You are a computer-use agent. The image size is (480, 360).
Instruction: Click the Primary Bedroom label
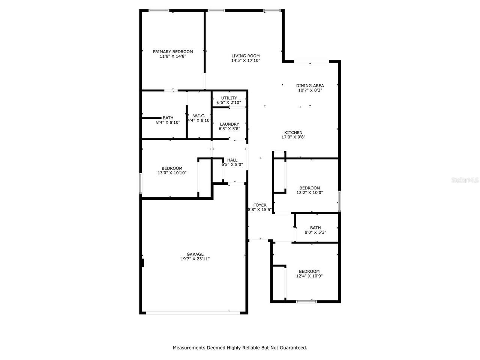click(x=172, y=52)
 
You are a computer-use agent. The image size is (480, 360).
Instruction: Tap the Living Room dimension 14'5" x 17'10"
click(x=246, y=60)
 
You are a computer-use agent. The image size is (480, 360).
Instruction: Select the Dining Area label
click(x=310, y=85)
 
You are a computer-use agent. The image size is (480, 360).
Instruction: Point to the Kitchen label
click(x=293, y=132)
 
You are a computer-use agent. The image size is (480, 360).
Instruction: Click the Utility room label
click(x=229, y=98)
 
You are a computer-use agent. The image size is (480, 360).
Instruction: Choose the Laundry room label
click(x=229, y=124)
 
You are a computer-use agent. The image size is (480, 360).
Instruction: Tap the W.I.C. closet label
click(x=199, y=115)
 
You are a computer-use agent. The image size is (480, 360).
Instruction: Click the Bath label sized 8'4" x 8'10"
click(x=168, y=118)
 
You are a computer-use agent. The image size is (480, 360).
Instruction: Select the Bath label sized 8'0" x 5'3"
click(x=315, y=228)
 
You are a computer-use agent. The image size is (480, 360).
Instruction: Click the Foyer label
click(x=260, y=205)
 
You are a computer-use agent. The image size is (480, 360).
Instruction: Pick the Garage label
click(x=195, y=254)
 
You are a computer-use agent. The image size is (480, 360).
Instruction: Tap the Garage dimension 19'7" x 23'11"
click(x=195, y=259)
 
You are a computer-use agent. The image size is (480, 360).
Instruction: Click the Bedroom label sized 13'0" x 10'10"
click(x=172, y=168)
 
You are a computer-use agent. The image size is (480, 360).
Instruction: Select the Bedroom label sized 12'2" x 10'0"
click(x=309, y=188)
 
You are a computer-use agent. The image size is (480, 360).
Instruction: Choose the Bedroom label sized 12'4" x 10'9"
click(x=309, y=271)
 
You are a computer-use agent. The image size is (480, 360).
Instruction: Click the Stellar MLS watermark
click(x=465, y=180)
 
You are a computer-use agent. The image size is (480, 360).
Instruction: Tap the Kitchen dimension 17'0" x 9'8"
click(x=293, y=137)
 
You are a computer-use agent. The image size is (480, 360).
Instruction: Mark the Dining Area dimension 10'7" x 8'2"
click(x=310, y=90)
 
